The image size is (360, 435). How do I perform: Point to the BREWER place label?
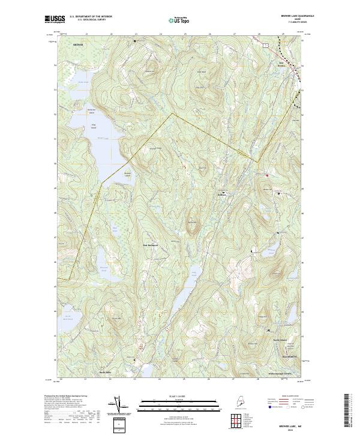coord(76,45)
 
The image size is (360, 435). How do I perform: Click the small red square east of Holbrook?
coord(266,175)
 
